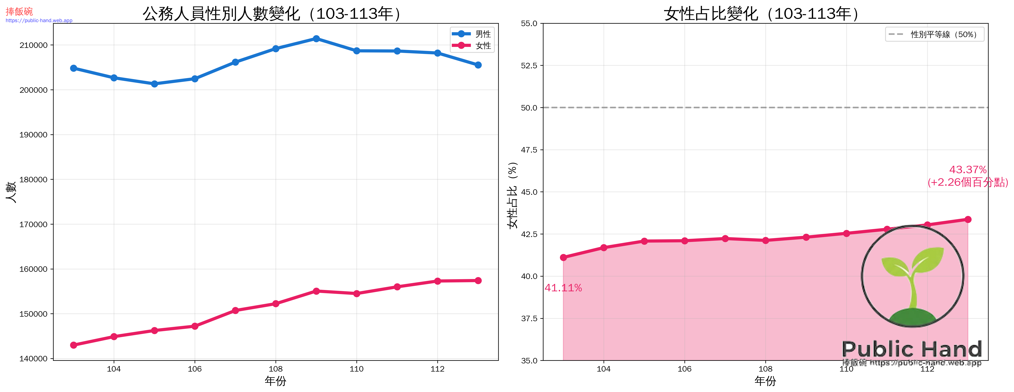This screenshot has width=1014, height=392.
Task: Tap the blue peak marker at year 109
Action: pyautogui.click(x=316, y=39)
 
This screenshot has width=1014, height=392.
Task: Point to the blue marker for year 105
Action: pyautogui.click(x=154, y=84)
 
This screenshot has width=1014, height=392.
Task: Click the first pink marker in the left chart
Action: pyautogui.click(x=74, y=345)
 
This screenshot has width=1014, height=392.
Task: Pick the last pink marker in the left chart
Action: pyautogui.click(x=478, y=280)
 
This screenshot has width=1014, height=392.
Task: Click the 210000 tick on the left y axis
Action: pyautogui.click(x=34, y=45)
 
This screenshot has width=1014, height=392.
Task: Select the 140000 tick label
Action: pyautogui.click(x=34, y=358)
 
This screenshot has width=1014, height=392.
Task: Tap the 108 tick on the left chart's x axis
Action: pyautogui.click(x=276, y=369)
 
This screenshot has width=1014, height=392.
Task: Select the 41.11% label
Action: pyautogui.click(x=563, y=288)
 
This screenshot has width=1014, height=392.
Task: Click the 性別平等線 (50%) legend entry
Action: pyautogui.click(x=935, y=34)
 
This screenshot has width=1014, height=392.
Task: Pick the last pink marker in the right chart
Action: pyautogui.click(x=968, y=219)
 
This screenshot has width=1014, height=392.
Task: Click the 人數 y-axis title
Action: pyautogui.click(x=11, y=192)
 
